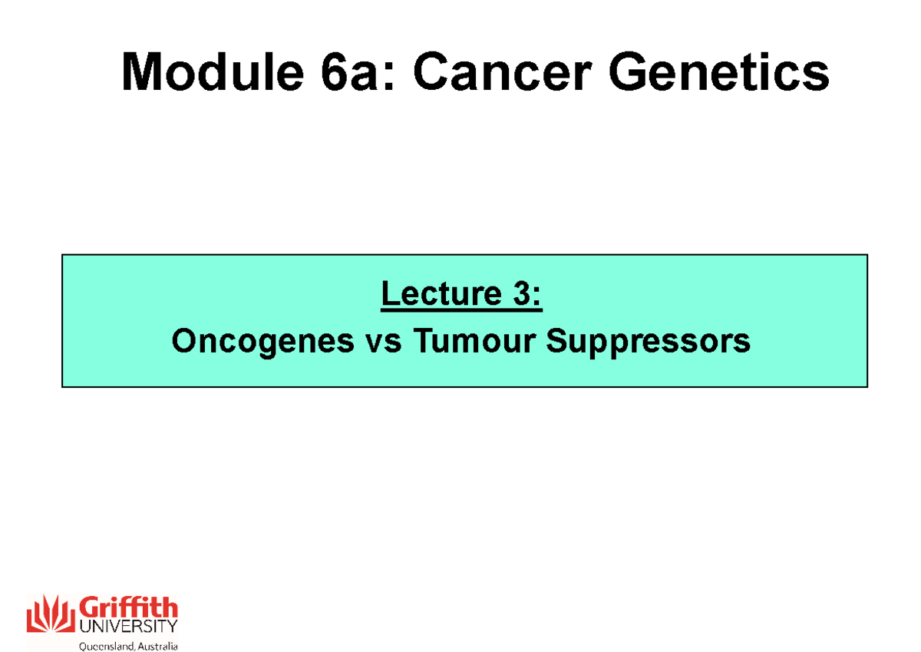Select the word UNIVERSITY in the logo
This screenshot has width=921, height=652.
tap(127, 627)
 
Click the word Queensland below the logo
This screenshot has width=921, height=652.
tap(106, 646)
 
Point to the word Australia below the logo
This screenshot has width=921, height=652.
tap(157, 646)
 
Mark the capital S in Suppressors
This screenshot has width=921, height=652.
tap(557, 341)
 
